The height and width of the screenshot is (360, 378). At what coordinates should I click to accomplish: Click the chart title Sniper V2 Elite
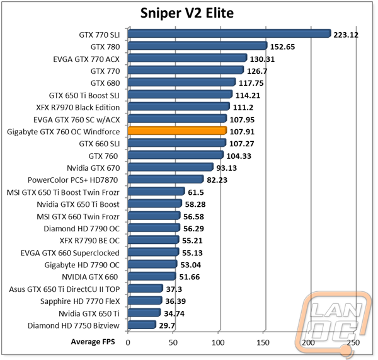pos(187,13)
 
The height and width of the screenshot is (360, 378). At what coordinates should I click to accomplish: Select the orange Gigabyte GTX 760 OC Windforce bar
pos(178,131)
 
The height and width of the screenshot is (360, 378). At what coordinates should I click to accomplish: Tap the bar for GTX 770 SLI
pos(229,33)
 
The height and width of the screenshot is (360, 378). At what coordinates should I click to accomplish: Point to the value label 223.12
pos(346,35)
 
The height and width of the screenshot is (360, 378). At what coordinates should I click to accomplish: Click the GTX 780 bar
pos(198,45)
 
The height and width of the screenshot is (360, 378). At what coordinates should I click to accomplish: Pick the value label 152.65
pos(282,47)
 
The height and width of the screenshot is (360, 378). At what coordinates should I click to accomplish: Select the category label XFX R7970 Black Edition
pos(78,107)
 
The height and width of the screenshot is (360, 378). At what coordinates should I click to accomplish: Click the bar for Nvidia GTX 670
pos(171,167)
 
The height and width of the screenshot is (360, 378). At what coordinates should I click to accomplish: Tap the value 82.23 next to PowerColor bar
pos(217,180)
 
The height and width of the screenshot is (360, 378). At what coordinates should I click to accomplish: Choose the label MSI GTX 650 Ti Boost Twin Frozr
pos(63,192)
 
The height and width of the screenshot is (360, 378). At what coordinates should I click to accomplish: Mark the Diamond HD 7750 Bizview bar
pos(142,325)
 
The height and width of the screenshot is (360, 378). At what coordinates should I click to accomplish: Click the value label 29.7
pos(167,326)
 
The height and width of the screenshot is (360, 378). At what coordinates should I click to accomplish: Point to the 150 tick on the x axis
pos(263,342)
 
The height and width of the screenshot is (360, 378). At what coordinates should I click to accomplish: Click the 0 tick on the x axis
pos(128,342)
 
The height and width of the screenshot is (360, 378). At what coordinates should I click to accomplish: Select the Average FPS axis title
pos(93,342)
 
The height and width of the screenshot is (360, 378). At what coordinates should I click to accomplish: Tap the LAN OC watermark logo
pos(333,323)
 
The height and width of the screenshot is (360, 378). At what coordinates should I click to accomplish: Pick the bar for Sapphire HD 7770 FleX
pos(145,300)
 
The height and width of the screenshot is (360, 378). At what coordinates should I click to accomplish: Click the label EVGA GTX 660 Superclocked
pos(70,253)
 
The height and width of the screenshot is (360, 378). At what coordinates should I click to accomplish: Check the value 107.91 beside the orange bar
pos(242,132)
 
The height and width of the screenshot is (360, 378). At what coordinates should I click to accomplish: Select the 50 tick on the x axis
pos(173,342)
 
